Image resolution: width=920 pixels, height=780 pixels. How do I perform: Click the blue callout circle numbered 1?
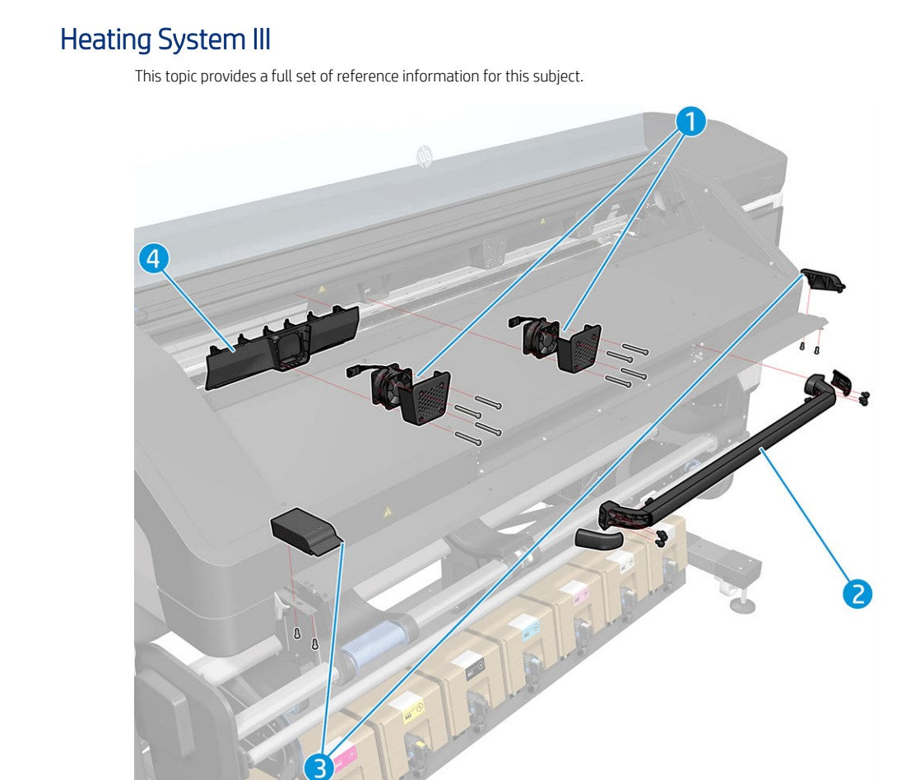(690, 122)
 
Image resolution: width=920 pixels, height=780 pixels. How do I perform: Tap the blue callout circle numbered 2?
(857, 592)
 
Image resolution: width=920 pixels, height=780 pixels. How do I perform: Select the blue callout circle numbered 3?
(318, 766)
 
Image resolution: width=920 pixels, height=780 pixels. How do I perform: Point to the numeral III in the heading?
(260, 39)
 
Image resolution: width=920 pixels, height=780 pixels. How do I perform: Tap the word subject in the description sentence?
(558, 77)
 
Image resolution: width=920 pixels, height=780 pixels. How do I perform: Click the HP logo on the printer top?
(425, 155)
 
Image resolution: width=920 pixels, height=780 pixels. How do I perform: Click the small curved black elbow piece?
(598, 539)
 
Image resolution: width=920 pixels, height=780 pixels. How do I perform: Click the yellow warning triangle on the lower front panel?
(386, 512)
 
